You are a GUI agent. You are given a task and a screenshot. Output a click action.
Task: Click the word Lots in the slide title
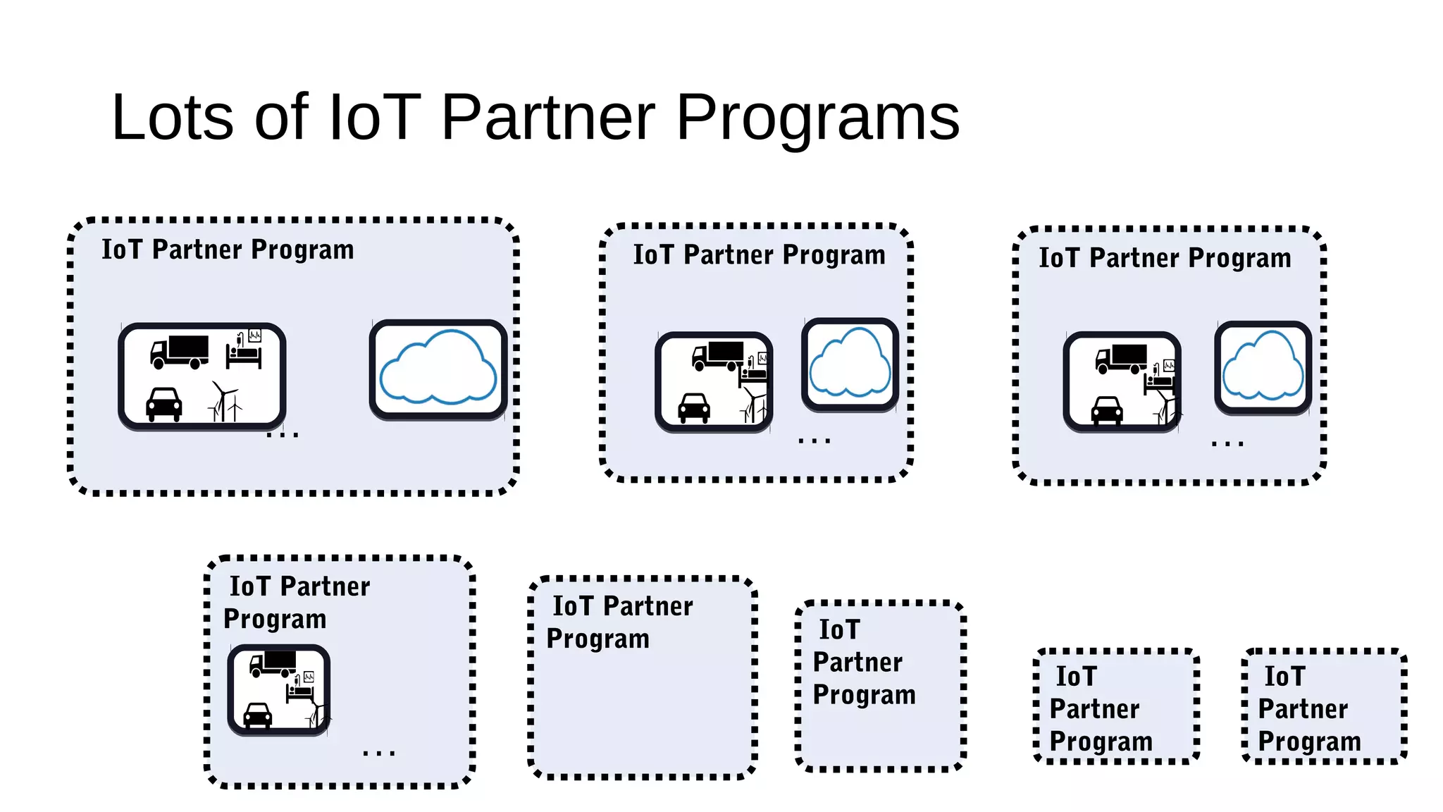tap(172, 118)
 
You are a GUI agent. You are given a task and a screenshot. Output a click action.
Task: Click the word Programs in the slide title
tap(817, 118)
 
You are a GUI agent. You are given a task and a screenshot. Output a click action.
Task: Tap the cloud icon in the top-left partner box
tap(438, 367)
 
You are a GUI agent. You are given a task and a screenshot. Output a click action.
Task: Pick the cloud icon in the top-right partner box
tap(1263, 367)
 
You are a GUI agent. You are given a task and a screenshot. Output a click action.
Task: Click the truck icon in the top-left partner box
tap(180, 352)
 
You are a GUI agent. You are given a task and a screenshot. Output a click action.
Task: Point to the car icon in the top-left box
tap(163, 405)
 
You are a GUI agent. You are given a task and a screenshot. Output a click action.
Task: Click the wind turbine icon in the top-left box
tap(225, 402)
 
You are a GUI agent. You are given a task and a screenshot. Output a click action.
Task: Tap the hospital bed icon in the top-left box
tap(244, 350)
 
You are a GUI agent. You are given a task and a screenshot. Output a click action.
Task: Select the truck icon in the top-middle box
tap(718, 355)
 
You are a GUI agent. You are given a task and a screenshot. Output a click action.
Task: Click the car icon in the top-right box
tap(1107, 410)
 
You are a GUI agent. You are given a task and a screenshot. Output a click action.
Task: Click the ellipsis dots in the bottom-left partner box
tap(379, 753)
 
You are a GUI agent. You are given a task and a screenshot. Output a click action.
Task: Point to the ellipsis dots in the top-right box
tap(1227, 444)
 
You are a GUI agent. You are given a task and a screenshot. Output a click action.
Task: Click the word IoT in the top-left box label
tap(122, 250)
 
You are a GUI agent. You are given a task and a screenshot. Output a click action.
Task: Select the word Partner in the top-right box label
tap(1134, 258)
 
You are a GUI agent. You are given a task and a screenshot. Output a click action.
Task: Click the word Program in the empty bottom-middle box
tap(597, 639)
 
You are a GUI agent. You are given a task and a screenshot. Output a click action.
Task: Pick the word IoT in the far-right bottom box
tap(1284, 677)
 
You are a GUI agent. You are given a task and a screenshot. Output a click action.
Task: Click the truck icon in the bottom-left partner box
tap(273, 663)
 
